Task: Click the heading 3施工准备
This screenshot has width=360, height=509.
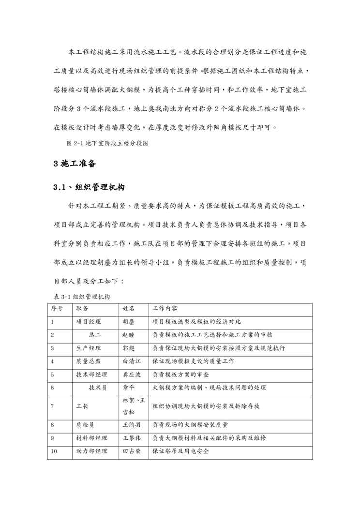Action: pos(75,164)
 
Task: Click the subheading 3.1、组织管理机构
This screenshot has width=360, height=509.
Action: pos(88,187)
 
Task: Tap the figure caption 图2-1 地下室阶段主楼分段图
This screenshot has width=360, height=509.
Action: pos(106,144)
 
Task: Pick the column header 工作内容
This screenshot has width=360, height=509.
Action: pos(165,308)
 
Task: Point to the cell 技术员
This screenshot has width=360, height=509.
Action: pos(98,387)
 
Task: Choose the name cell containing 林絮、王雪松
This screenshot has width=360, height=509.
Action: pos(132,406)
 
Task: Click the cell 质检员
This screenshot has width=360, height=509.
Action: pos(85,425)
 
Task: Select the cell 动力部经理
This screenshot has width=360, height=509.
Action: pos(91,451)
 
